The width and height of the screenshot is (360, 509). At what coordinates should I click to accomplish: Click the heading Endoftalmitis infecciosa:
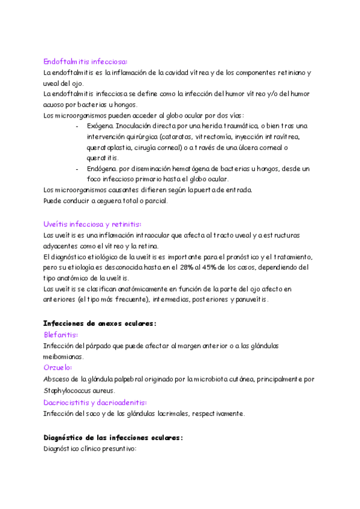(x=85, y=61)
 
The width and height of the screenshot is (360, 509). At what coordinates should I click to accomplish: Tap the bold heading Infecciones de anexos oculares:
(x=100, y=323)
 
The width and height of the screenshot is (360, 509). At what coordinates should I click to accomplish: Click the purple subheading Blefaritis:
(x=61, y=334)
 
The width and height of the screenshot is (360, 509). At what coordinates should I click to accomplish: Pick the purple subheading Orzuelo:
(x=58, y=367)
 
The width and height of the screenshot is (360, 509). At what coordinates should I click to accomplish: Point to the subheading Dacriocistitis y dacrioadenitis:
(x=95, y=402)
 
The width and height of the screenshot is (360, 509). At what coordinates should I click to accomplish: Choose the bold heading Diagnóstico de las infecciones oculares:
(x=113, y=438)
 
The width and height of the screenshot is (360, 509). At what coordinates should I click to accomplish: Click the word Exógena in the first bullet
(x=100, y=126)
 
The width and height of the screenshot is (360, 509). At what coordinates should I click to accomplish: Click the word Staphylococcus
(x=68, y=390)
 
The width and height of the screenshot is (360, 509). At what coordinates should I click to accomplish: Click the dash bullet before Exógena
(x=78, y=126)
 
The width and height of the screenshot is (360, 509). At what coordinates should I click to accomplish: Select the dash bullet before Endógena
(x=78, y=169)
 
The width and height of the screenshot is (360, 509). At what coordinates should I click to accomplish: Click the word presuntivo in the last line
(x=119, y=448)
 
